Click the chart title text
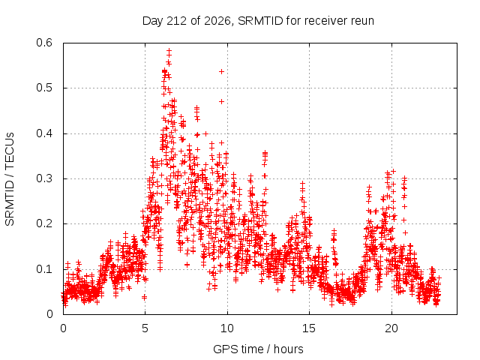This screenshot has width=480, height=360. [258, 21]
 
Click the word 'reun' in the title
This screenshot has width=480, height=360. [362, 22]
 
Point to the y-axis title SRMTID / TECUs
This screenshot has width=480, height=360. [10, 179]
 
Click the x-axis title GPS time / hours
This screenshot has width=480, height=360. [258, 349]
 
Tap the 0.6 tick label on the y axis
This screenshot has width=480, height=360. [44, 43]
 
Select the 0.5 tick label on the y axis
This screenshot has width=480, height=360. [44, 88]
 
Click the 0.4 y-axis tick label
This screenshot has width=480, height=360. [44, 133]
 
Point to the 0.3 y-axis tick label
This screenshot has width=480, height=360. [44, 178]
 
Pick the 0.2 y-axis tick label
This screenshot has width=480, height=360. [44, 223]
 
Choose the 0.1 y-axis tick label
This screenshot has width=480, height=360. [44, 269]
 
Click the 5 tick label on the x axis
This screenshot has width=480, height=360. [145, 328]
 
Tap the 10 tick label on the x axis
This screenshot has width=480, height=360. [227, 328]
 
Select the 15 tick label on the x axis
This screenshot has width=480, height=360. [309, 328]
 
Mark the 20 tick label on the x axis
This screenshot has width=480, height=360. [391, 328]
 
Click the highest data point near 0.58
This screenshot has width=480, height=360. [169, 50]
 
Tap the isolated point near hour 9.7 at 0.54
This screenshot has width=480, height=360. [222, 72]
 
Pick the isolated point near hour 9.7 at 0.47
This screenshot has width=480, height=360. [222, 101]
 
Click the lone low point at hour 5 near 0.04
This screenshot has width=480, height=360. [145, 297]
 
